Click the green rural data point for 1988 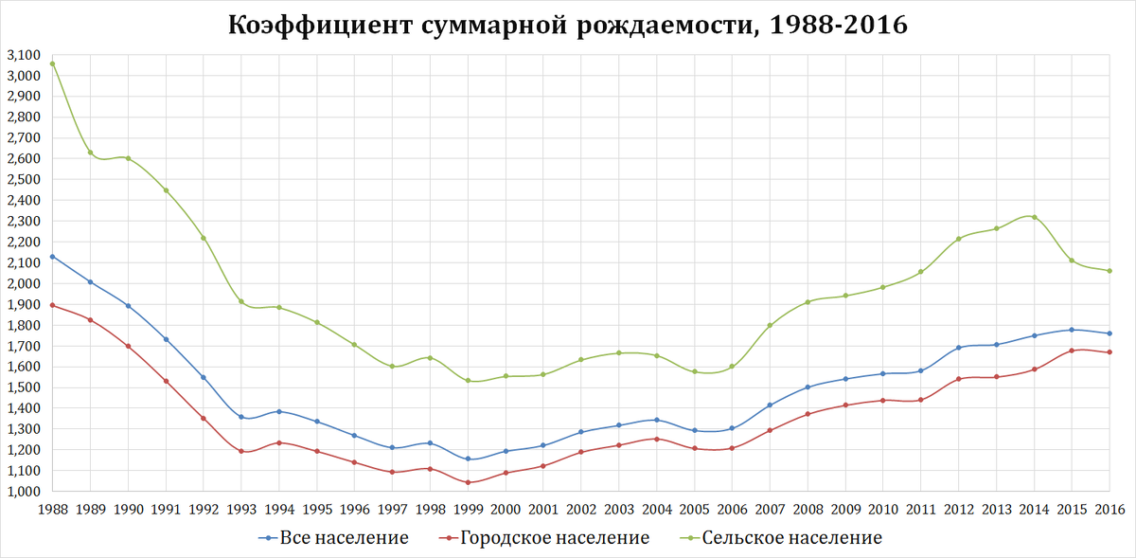coord(52,63)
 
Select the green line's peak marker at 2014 coord(1034,217)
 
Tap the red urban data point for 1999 coord(468,482)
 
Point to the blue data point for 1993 coord(240,417)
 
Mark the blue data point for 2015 coord(1072,330)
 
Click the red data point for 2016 coord(1109,352)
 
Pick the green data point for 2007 coord(770,325)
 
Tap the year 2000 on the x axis coord(506,511)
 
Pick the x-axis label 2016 coord(1109,511)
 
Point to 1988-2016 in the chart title coord(837,25)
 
